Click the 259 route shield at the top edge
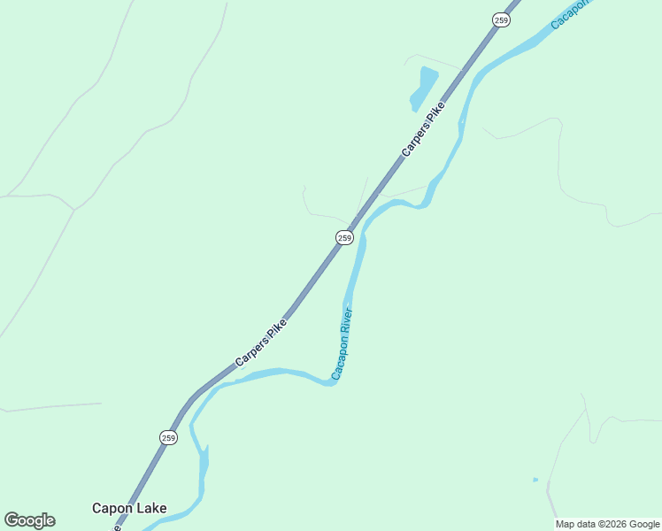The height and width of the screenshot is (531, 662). pos(502,19)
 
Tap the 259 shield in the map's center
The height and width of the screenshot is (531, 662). pos(345,237)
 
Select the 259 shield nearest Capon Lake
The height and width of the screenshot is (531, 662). pos(169,437)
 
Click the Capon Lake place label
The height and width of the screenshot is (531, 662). pos(129,509)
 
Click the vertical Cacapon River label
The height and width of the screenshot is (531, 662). pos(343,343)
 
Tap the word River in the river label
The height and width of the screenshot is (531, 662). pos(347,320)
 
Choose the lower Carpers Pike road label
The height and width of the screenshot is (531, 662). pos(261,342)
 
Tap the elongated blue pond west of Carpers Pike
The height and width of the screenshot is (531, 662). pos(422,88)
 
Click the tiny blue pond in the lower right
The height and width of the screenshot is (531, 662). pos(535,480)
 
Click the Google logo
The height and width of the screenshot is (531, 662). pos(29,520)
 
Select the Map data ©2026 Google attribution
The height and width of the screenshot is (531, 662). pos(607,524)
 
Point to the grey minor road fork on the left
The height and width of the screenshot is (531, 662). pos(74,210)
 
